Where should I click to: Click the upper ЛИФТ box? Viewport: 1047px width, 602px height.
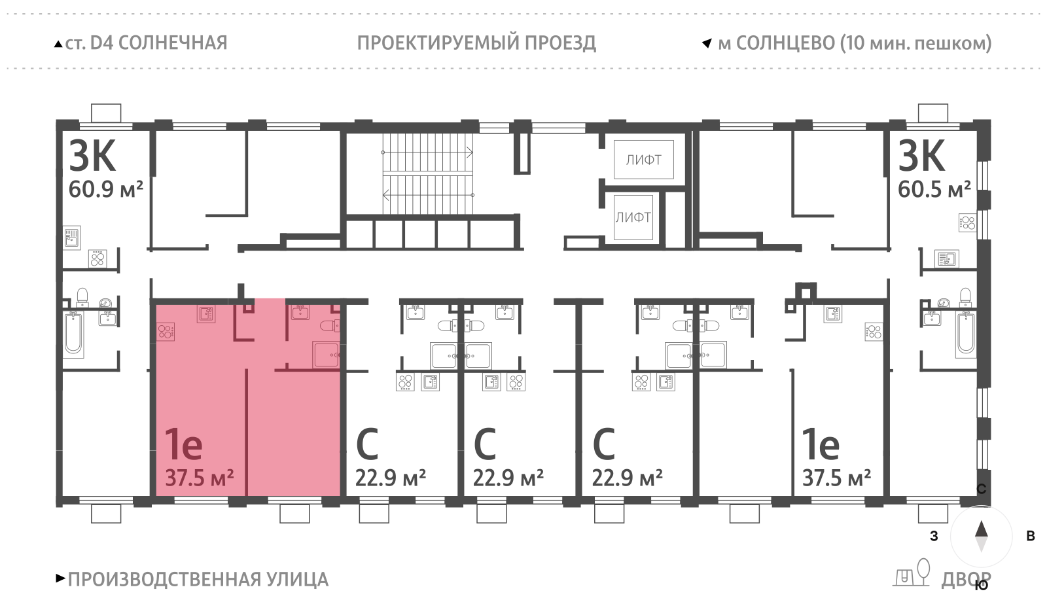pyautogui.click(x=643, y=160)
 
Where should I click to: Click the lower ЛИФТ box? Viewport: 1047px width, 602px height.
pyautogui.click(x=633, y=217)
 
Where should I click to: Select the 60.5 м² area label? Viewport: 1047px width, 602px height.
pyautogui.click(x=934, y=190)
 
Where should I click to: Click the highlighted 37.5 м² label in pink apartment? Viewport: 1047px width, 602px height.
pyautogui.click(x=199, y=478)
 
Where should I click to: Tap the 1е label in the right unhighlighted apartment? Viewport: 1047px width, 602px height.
pyautogui.click(x=821, y=445)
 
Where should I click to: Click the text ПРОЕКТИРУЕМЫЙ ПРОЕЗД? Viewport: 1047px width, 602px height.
pyautogui.click(x=476, y=43)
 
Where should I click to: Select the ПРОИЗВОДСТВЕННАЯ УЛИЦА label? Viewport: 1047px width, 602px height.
pyautogui.click(x=198, y=580)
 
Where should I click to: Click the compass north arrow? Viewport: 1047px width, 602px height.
pyautogui.click(x=981, y=529)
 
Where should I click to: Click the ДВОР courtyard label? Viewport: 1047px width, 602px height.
pyautogui.click(x=965, y=580)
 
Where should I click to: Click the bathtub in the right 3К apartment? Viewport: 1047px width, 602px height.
pyautogui.click(x=966, y=334)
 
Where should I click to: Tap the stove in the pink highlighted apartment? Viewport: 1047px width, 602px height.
pyautogui.click(x=166, y=332)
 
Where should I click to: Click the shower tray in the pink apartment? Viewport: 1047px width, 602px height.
pyautogui.click(x=326, y=355)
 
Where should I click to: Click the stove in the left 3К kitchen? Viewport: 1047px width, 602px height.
pyautogui.click(x=98, y=259)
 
